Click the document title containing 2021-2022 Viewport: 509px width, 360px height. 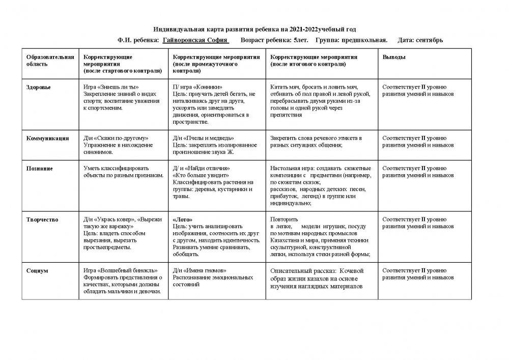pyautogui.click(x=259, y=30)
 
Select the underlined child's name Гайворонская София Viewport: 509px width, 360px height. pyautogui.click(x=195, y=40)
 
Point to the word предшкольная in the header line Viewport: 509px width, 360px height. pyautogui.click(x=364, y=40)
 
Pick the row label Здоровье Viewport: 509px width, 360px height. pyautogui.click(x=39, y=87)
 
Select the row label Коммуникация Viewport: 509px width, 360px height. pyautogui.click(x=47, y=138)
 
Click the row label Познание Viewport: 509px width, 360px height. pyautogui.click(x=40, y=168)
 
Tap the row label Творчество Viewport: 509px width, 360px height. pyautogui.click(x=42, y=219)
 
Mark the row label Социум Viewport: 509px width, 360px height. pyautogui.click(x=37, y=270)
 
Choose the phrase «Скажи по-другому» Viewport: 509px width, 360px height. pyautogui.click(x=121, y=138)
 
